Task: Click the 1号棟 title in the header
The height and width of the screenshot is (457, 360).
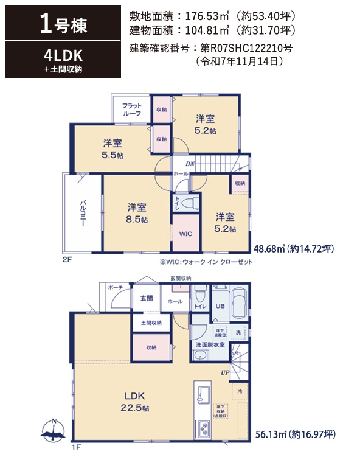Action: (63, 26)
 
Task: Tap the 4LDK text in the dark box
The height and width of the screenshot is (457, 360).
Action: (63, 55)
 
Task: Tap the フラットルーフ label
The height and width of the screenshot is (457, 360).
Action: (131, 110)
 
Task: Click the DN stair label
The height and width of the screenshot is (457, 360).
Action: (190, 164)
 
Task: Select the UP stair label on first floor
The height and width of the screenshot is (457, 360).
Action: (224, 373)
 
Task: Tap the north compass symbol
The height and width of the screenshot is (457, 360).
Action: (54, 430)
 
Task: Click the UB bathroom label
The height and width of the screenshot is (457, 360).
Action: (220, 307)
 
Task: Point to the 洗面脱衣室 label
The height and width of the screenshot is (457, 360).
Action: (210, 345)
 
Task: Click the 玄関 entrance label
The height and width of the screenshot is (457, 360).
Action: (147, 299)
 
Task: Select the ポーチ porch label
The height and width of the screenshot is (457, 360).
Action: (116, 288)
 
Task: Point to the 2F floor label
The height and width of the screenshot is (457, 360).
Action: (67, 259)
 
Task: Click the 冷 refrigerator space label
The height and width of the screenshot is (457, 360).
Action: (240, 391)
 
